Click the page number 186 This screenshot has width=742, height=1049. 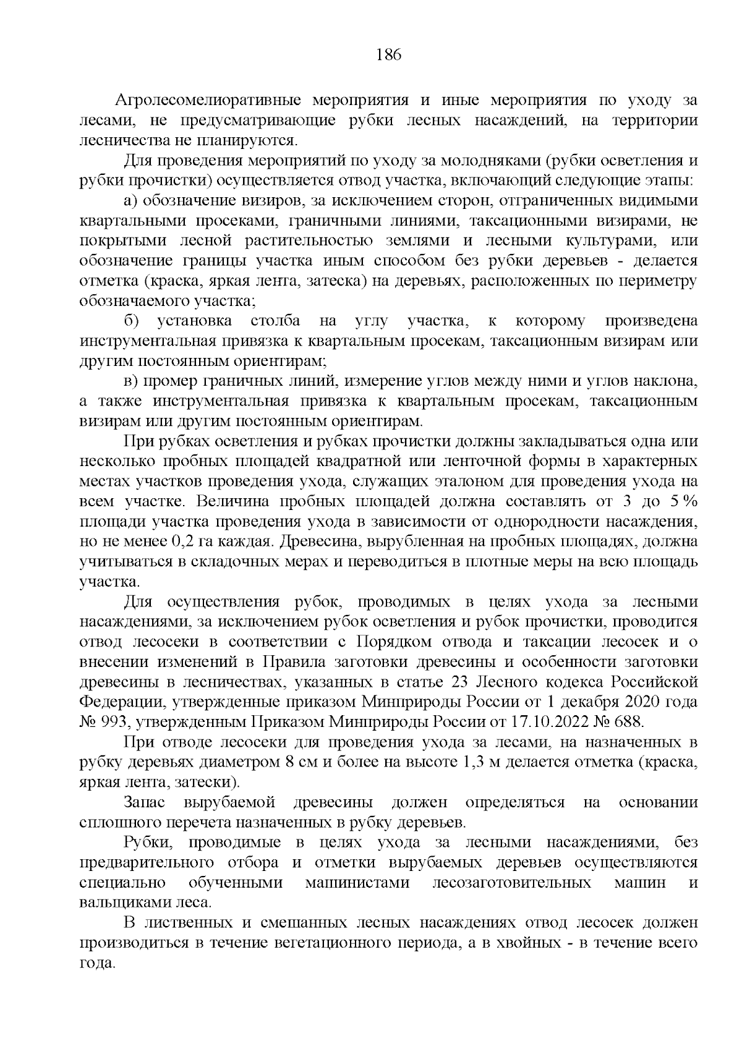(389, 55)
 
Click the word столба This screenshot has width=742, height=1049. (276, 321)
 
